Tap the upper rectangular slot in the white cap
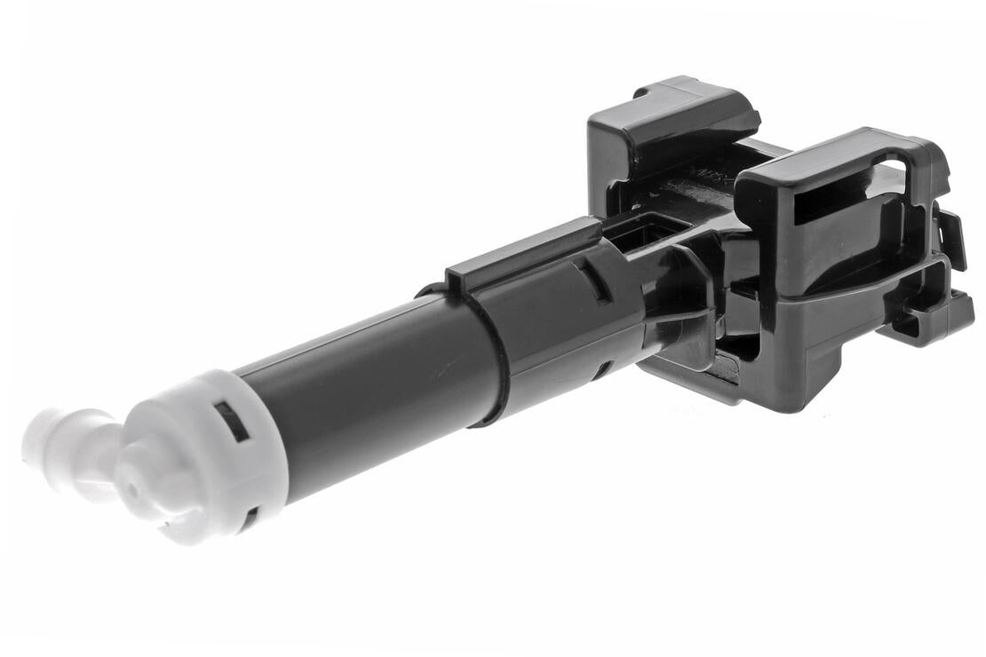point(231,420)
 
